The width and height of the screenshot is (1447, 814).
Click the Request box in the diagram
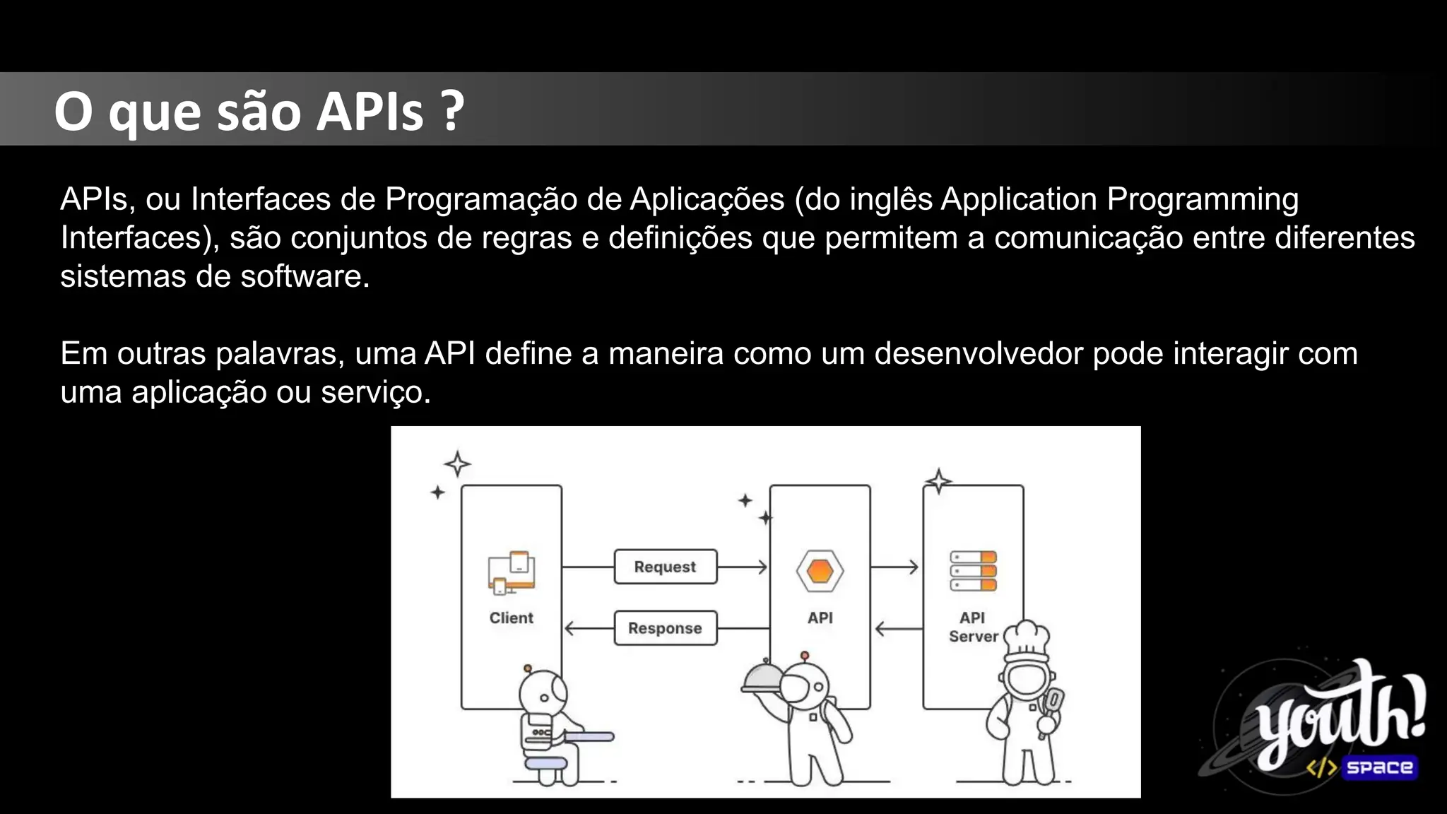[x=665, y=567]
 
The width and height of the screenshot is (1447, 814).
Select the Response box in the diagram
[x=665, y=628]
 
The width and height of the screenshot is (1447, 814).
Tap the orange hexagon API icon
[x=820, y=570]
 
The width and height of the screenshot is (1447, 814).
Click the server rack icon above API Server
[x=973, y=571]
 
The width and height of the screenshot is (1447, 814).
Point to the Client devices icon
[x=511, y=572]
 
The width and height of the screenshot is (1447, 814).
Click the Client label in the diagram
[x=511, y=618]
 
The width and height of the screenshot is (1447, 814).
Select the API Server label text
[x=972, y=627]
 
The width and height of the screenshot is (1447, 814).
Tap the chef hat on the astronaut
[x=1027, y=638]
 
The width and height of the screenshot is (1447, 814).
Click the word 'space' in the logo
[x=1378, y=767]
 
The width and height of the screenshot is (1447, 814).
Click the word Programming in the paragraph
[x=1202, y=199]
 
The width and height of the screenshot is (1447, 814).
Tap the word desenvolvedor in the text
[x=978, y=353]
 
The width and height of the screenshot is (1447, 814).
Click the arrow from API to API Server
[x=895, y=567]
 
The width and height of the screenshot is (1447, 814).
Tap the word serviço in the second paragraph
[x=374, y=392]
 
